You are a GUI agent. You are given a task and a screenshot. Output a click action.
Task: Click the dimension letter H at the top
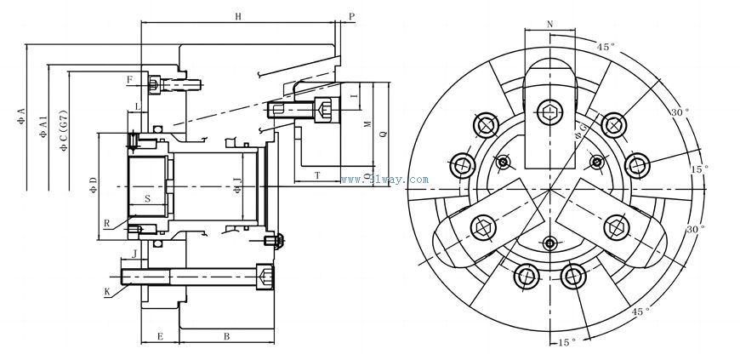pyautogui.click(x=237, y=16)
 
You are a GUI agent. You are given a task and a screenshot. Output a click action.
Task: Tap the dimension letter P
pyautogui.click(x=351, y=16)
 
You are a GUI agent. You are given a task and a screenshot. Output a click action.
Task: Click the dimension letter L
pyautogui.click(x=137, y=106)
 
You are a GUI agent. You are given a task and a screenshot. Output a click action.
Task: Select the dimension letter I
pyautogui.click(x=352, y=97)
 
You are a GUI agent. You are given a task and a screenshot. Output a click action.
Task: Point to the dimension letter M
pyautogui.click(x=367, y=124)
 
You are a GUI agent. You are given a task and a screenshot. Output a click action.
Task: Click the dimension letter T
pyautogui.click(x=317, y=174)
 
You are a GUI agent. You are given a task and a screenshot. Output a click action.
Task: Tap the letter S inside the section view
pyautogui.click(x=147, y=198)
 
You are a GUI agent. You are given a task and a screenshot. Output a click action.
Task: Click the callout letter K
pyautogui.click(x=107, y=291)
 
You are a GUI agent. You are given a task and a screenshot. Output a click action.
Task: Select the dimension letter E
pyautogui.click(x=159, y=337)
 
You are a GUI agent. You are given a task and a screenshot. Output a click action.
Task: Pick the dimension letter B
pyautogui.click(x=226, y=337)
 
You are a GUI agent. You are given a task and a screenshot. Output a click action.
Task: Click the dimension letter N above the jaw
pyautogui.click(x=550, y=24)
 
